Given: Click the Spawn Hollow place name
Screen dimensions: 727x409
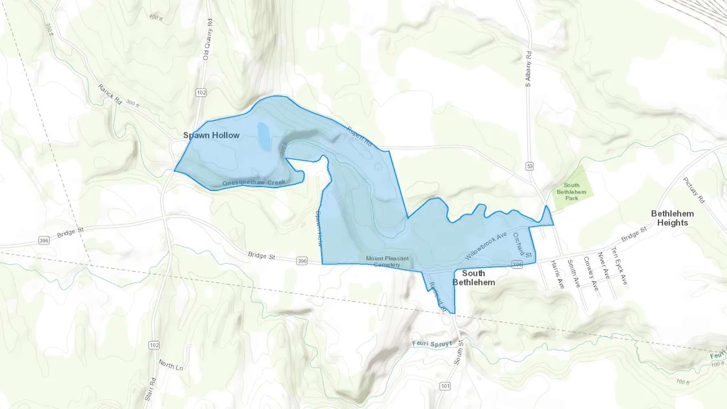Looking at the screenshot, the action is [x=211, y=135].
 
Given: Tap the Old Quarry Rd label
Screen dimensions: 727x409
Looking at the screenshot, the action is [x=208, y=40].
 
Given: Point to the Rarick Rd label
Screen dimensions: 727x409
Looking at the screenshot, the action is [x=110, y=94].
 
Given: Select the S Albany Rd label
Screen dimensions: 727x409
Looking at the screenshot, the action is [x=528, y=69].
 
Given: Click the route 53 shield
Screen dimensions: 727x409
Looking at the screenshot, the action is [x=529, y=166].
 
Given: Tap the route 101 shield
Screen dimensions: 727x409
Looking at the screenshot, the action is [x=445, y=386].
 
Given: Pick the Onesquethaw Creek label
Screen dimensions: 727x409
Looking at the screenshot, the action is [x=254, y=182].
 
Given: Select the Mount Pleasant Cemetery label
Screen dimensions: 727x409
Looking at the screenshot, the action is [x=387, y=261].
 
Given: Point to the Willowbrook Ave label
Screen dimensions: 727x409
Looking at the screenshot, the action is [x=485, y=246].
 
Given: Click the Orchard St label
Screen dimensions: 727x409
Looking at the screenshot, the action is [x=522, y=245].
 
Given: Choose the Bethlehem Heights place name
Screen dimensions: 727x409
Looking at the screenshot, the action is [x=672, y=218].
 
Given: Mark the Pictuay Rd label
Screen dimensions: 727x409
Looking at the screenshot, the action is [x=693, y=190].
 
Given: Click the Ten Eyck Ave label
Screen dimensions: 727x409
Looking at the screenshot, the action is [x=619, y=265].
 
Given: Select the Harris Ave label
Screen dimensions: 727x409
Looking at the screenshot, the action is [x=557, y=274].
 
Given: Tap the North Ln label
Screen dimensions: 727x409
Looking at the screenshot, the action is [x=170, y=365].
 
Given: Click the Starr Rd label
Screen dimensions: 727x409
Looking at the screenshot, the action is [x=150, y=389].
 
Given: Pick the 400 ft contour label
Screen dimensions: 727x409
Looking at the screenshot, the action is [x=155, y=17].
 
